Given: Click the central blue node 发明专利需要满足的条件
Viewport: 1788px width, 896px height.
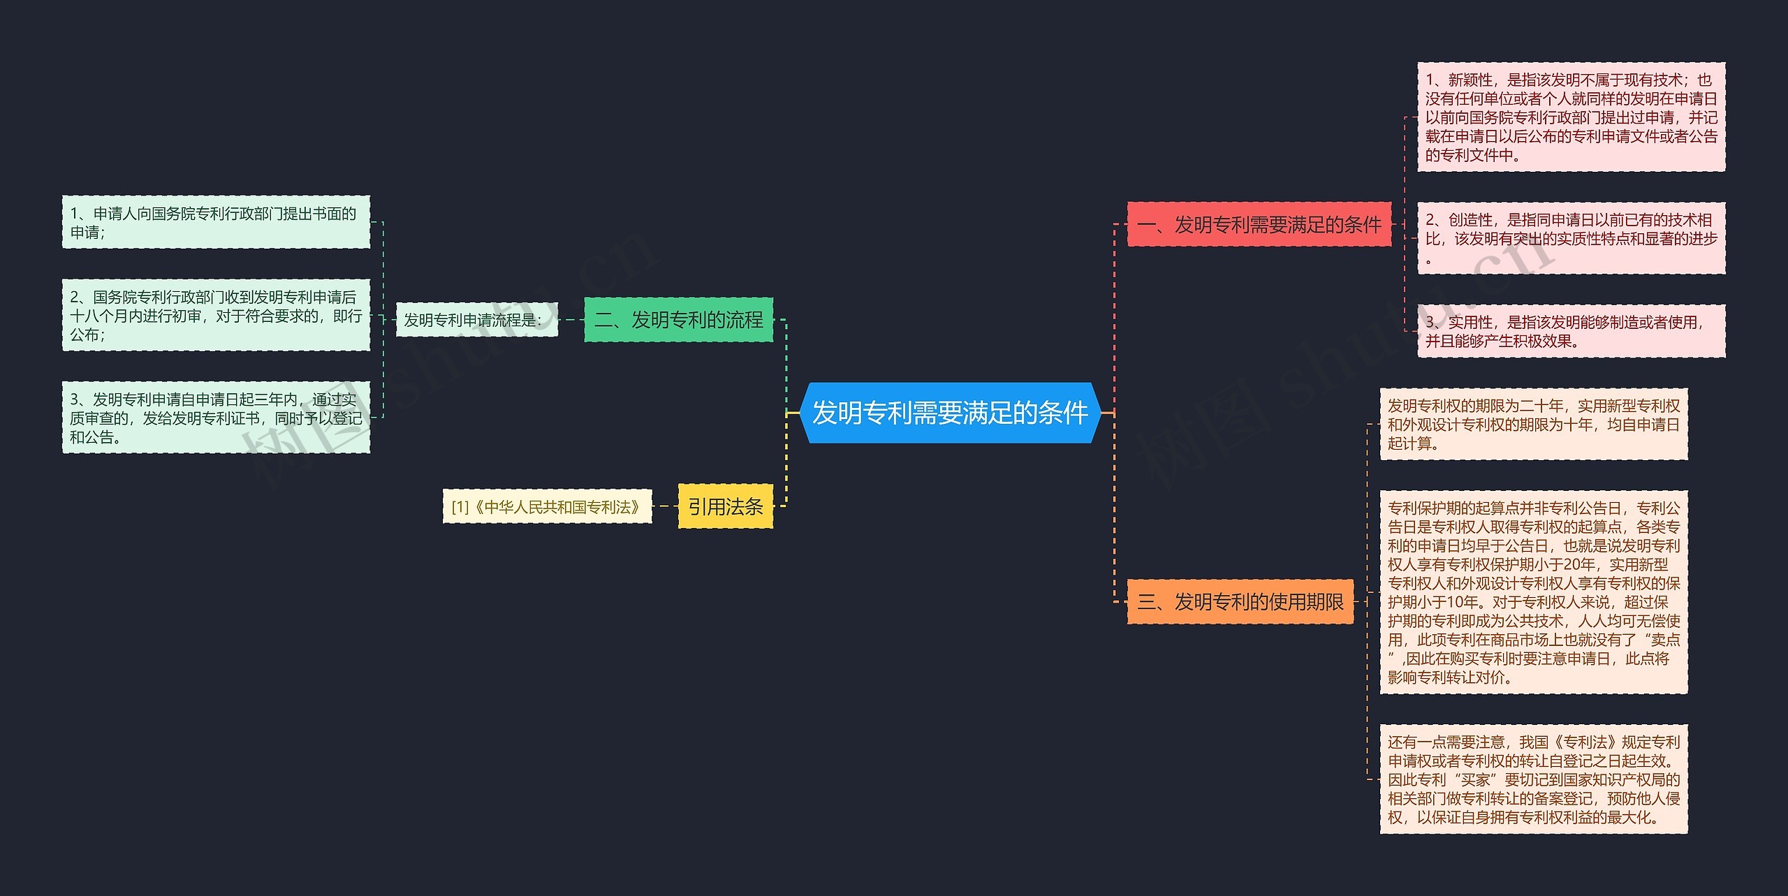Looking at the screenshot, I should [950, 413].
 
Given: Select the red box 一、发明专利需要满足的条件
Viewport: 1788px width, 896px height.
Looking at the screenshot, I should [1259, 225].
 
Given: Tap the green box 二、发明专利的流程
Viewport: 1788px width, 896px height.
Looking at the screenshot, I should [678, 320].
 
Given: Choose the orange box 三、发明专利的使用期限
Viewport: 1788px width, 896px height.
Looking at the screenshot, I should [1240, 601].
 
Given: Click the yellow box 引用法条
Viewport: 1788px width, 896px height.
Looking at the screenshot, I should [725, 506].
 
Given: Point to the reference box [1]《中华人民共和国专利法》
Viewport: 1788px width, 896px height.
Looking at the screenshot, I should [547, 506].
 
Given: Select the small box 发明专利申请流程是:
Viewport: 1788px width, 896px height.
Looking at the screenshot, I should [476, 320].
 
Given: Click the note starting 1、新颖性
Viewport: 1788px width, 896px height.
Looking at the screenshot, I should [1571, 117].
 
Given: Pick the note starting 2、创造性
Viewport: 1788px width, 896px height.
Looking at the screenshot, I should [1571, 238].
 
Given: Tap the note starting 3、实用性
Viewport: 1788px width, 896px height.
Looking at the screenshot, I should [1571, 331].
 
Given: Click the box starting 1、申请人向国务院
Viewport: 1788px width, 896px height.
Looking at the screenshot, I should [216, 222].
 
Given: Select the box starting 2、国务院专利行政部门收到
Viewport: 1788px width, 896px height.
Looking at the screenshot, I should [216, 315].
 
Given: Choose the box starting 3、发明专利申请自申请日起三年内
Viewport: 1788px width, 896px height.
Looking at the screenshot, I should [216, 418].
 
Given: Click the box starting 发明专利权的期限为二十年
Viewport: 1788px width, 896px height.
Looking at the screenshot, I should [1533, 424].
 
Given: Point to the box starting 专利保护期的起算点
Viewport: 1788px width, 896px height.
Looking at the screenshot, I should [1533, 592].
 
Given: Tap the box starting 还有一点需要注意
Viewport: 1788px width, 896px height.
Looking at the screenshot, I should [1533, 779].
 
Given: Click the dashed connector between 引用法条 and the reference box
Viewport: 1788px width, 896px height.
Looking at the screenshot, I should [665, 506].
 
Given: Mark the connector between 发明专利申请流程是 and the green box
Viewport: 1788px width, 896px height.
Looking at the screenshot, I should [571, 320].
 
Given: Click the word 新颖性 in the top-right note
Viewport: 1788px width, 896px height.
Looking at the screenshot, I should [1470, 80].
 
